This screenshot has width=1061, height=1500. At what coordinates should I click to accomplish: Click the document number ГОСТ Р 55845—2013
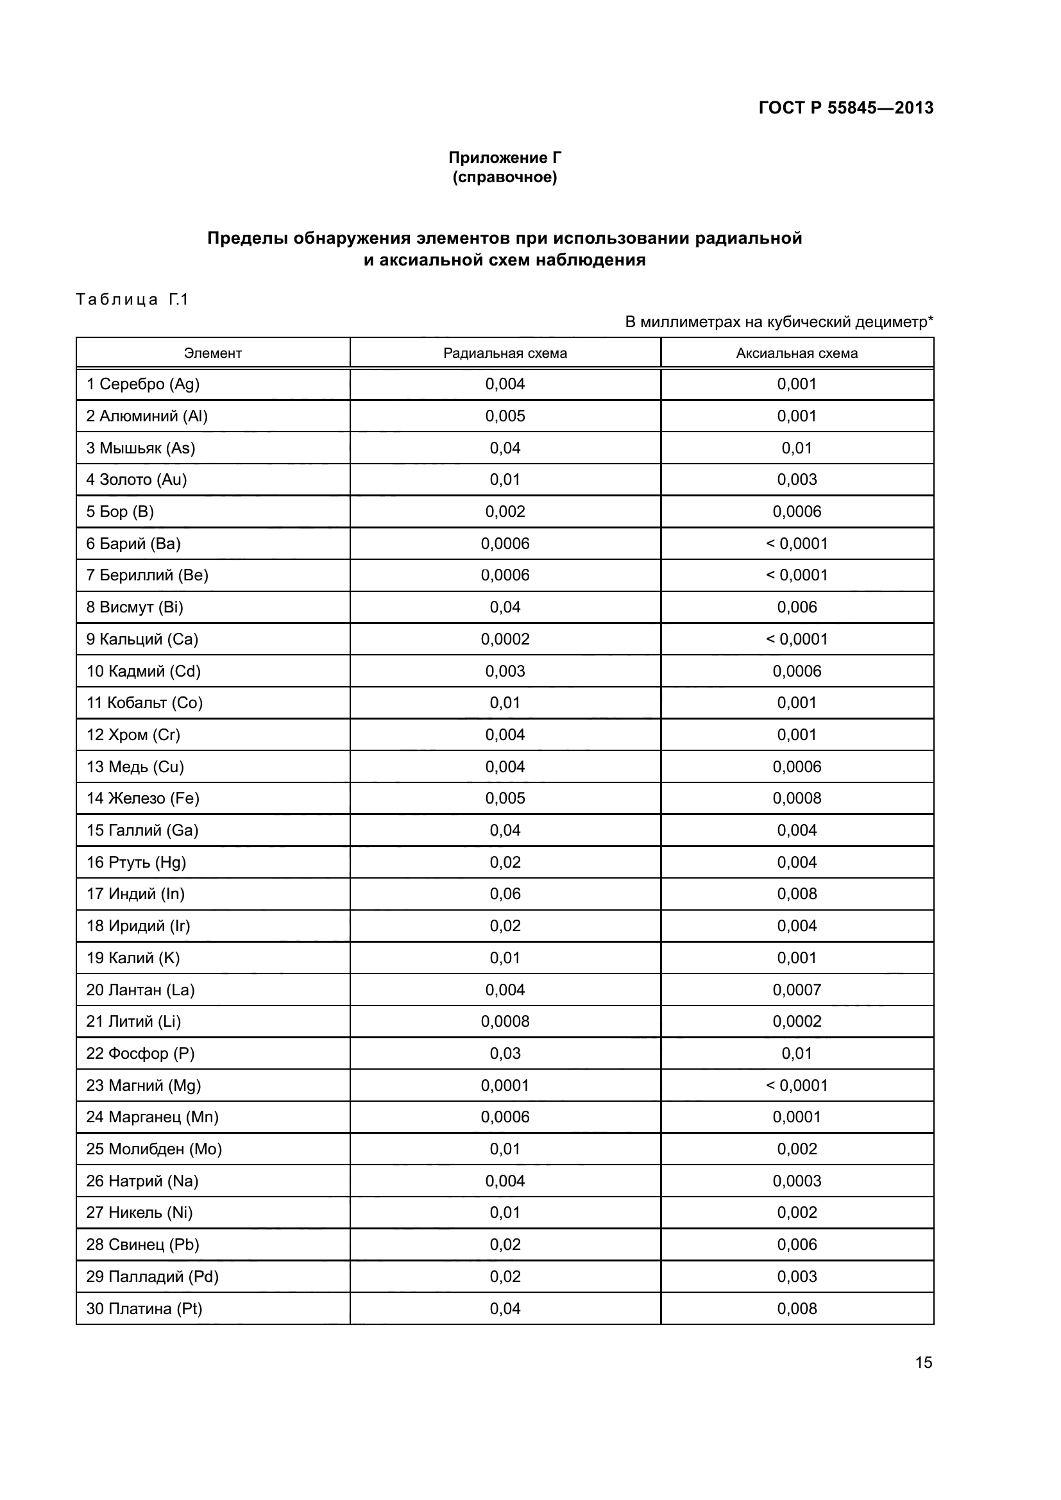coord(845,108)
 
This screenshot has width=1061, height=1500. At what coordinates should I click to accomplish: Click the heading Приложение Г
coord(504,158)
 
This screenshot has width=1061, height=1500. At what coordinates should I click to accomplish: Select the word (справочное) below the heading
coord(504,177)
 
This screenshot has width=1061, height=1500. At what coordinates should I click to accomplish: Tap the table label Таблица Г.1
coord(132,299)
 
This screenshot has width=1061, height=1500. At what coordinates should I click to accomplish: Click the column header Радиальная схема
coord(504,353)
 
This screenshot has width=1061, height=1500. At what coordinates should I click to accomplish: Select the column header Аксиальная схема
coord(797,353)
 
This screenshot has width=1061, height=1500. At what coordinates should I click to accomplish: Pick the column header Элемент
coord(212,353)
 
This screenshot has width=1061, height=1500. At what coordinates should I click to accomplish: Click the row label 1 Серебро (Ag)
coord(142,384)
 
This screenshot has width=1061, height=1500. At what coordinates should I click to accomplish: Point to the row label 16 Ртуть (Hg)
coord(136,863)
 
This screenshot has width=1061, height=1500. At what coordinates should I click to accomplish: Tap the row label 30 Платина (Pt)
coord(144,1310)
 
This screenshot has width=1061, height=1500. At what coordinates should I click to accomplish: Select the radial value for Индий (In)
coord(504,894)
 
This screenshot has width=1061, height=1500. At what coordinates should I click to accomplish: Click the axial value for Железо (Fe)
coord(797,798)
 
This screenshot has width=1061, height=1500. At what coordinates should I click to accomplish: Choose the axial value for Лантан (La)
coord(797,990)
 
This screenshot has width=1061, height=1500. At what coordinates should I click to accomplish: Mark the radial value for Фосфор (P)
coord(504,1053)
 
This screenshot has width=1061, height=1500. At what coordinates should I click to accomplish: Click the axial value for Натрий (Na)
coord(797,1181)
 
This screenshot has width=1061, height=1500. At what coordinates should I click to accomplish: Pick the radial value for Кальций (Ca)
coord(504,639)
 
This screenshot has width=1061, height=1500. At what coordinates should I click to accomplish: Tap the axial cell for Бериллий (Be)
coord(797,575)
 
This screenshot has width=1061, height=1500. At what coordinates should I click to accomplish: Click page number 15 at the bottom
coord(923,1363)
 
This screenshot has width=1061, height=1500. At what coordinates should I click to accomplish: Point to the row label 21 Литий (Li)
coord(133,1021)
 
